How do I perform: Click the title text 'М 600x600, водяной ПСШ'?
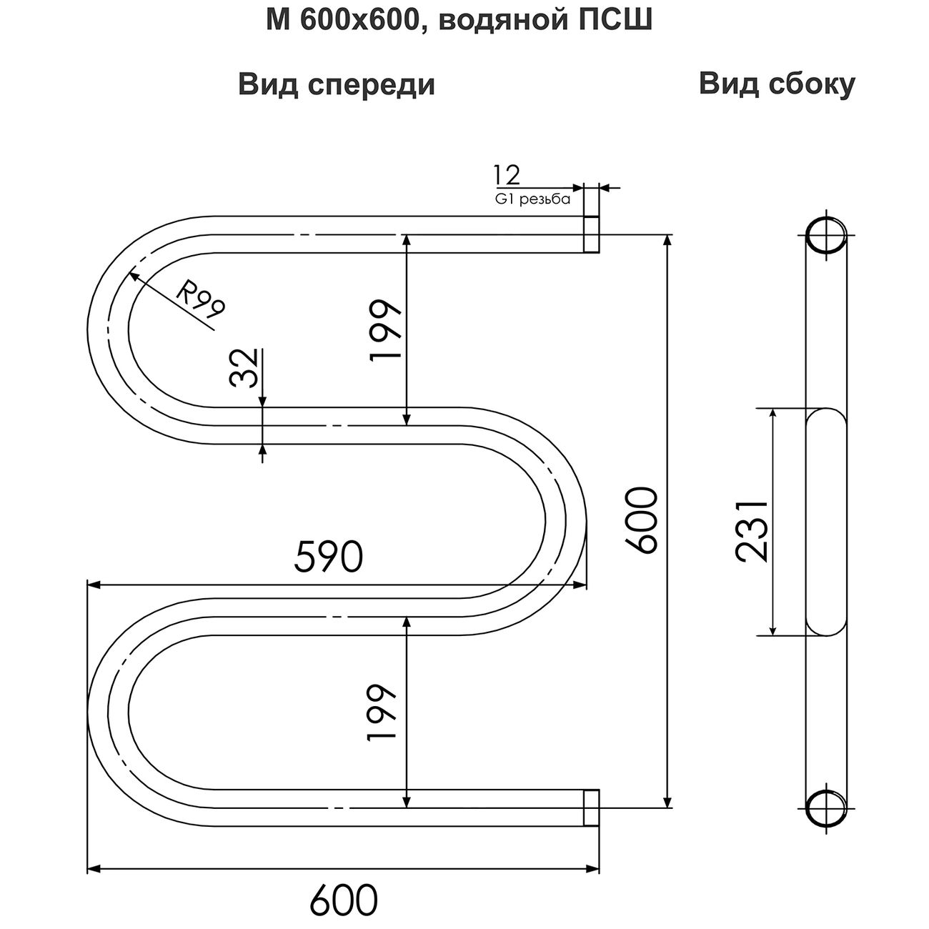459,21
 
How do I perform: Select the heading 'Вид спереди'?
337,85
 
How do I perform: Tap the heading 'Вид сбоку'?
777,84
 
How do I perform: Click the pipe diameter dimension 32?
244,368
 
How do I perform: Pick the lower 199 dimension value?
382,712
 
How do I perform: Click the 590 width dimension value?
329,557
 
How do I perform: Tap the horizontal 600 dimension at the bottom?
343,895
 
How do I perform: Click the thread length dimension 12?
507,175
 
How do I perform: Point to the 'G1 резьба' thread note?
532,199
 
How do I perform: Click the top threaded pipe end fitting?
591,234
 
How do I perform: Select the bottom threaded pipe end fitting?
591,808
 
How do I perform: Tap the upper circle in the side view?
825,234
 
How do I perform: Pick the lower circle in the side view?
825,808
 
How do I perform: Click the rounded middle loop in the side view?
825,522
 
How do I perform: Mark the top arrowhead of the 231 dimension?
773,414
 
